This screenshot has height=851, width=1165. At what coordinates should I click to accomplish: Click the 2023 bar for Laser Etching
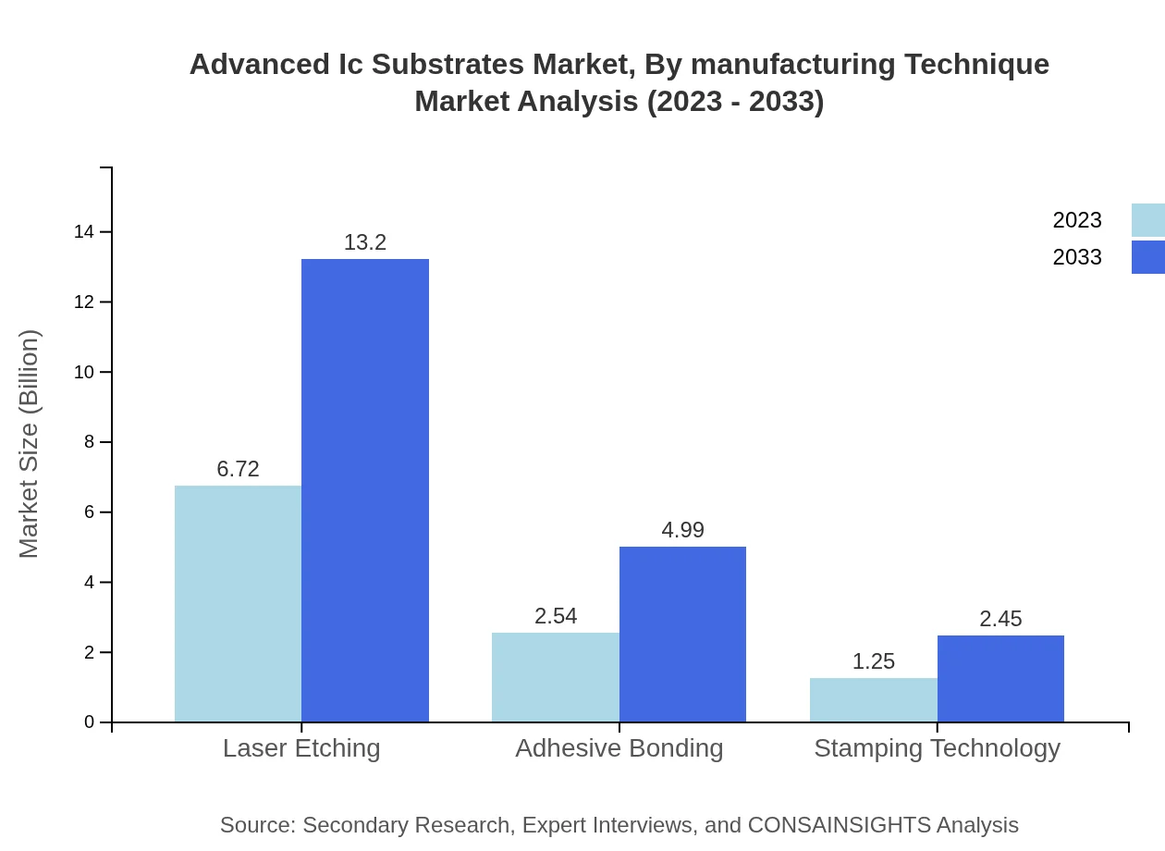click(x=238, y=603)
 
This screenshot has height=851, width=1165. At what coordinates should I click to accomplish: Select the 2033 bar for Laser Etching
click(x=365, y=490)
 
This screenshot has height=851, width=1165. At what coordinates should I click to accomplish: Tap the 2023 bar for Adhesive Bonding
click(x=555, y=677)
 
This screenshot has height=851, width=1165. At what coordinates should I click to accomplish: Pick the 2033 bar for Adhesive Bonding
click(x=682, y=634)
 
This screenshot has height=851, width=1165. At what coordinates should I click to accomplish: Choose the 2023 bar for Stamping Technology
click(x=873, y=699)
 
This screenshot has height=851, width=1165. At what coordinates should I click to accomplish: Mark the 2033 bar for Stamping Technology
click(x=1000, y=678)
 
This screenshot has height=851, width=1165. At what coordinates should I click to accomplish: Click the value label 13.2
click(x=365, y=242)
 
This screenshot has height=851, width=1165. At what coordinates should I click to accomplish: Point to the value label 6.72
click(x=238, y=469)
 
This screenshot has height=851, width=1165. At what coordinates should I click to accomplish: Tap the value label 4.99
click(x=682, y=530)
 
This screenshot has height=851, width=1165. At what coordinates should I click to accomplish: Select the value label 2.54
click(x=555, y=616)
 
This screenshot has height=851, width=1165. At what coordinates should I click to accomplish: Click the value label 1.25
click(x=873, y=661)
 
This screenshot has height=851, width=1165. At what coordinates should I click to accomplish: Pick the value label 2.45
click(x=1000, y=619)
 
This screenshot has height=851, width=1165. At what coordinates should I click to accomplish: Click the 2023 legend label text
click(x=1076, y=220)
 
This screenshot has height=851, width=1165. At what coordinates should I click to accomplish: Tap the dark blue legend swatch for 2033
click(x=1147, y=257)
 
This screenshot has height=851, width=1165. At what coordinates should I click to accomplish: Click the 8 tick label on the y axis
click(x=90, y=442)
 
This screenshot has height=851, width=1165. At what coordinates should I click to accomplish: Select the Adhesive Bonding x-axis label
click(x=619, y=747)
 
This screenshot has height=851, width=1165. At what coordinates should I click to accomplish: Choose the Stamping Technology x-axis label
click(x=937, y=747)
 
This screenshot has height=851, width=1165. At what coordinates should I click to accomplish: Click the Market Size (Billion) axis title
click(x=29, y=444)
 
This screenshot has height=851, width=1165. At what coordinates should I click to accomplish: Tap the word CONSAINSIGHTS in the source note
click(x=839, y=824)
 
